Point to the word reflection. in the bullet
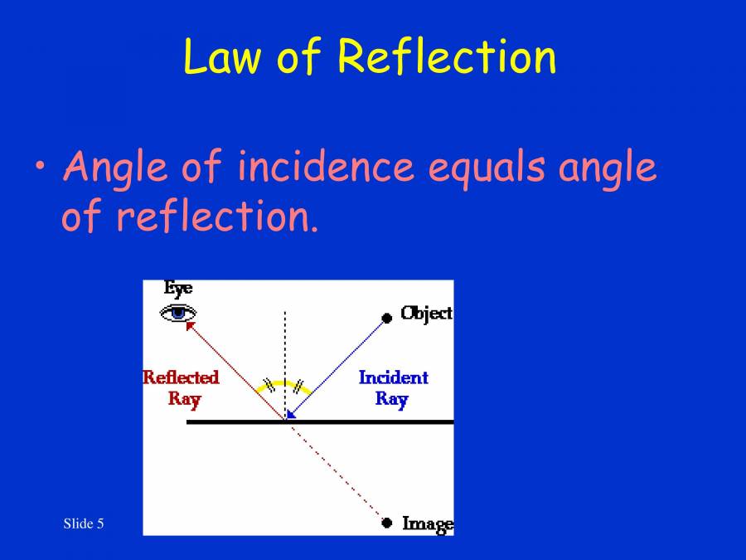pyautogui.click(x=216, y=217)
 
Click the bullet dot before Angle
pyautogui.click(x=41, y=165)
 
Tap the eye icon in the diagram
pyautogui.click(x=178, y=313)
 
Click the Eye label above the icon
pyautogui.click(x=178, y=289)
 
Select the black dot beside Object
pyautogui.click(x=386, y=317)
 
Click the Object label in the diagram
pyautogui.click(x=426, y=313)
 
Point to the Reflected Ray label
pyautogui.click(x=181, y=387)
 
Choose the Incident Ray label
pyautogui.click(x=393, y=387)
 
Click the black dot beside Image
pyautogui.click(x=386, y=523)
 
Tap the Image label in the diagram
pyautogui.click(x=427, y=523)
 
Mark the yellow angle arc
pyautogui.click(x=286, y=383)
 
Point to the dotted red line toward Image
pyautogui.click(x=336, y=472)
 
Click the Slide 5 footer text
pyautogui.click(x=84, y=523)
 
